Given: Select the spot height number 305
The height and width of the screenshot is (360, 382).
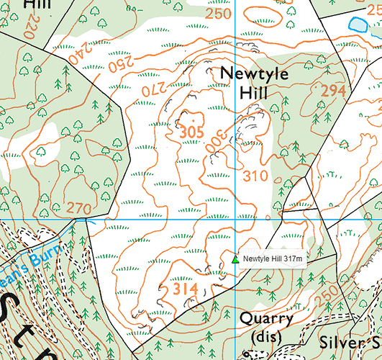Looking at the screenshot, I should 192,132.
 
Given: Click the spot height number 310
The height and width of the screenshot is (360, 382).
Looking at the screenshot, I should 255,176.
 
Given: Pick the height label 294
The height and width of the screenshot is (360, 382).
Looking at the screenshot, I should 333,91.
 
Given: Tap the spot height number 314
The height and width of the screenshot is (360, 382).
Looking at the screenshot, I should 185,289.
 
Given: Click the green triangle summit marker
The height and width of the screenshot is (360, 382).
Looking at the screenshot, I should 235,259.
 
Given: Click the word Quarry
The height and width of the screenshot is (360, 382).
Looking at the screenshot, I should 267,319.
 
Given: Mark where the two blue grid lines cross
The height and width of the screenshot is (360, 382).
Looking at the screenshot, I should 237,218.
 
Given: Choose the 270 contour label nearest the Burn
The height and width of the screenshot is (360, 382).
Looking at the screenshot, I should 79,208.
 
